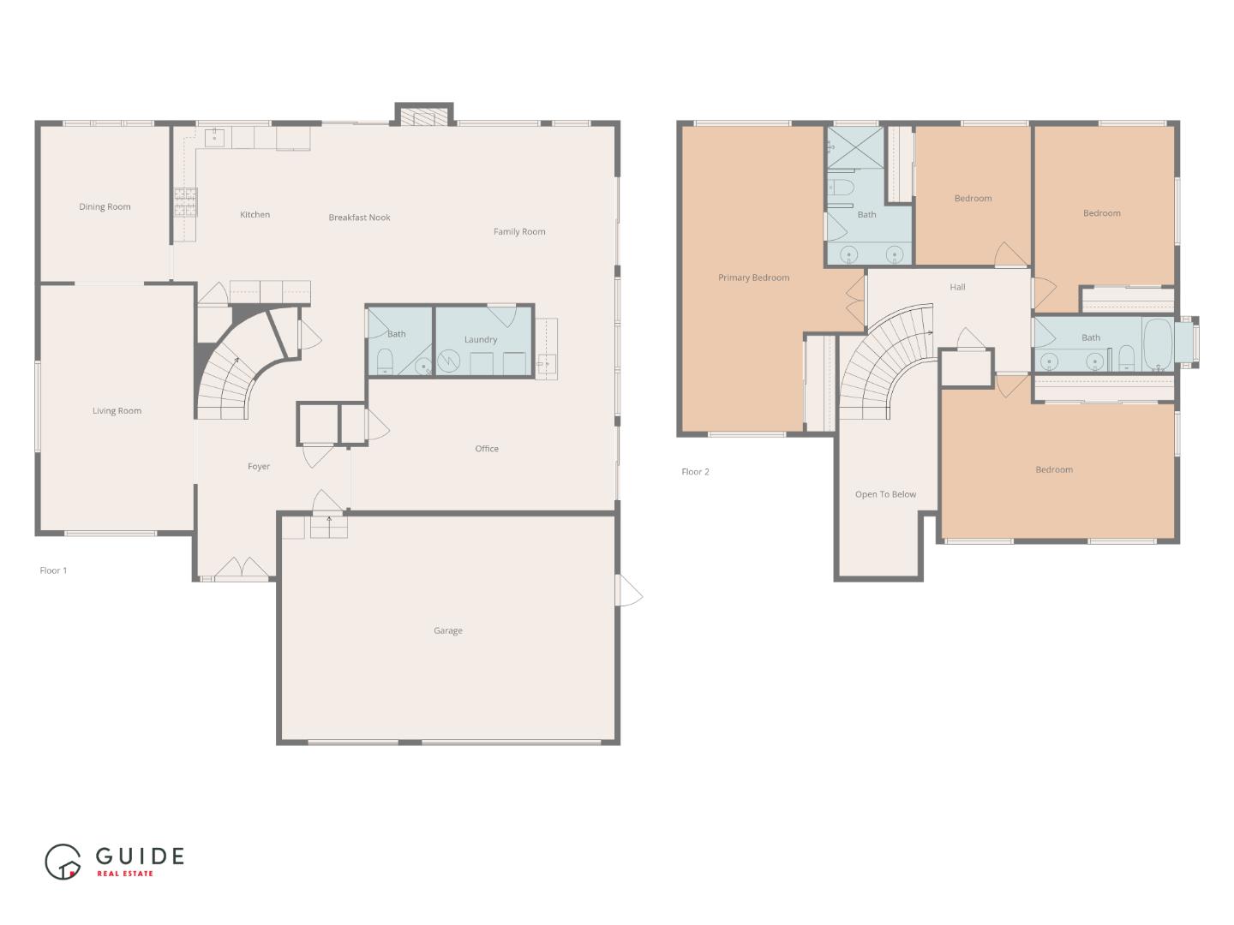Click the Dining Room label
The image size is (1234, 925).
click(x=105, y=206)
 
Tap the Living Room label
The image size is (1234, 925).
click(x=117, y=411)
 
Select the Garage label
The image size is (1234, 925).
click(x=447, y=631)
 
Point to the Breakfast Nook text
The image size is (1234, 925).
click(x=359, y=218)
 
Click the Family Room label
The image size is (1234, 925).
click(x=519, y=232)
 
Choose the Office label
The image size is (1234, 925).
click(x=487, y=449)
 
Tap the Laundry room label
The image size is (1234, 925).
click(x=481, y=340)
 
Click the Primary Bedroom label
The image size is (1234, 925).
click(x=753, y=277)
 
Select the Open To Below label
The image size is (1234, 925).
click(x=885, y=495)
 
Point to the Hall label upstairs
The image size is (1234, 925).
click(x=957, y=288)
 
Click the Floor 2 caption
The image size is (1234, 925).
click(x=695, y=472)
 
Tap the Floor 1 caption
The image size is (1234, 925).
click(x=53, y=570)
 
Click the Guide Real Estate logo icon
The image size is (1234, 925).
click(x=63, y=861)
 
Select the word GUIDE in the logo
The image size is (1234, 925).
click(x=140, y=856)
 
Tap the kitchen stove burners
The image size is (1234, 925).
click(x=185, y=202)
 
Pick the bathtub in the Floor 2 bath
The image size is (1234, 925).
click(x=1158, y=344)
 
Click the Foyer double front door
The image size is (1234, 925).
click(x=241, y=569)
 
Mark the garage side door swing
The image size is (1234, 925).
click(x=629, y=591)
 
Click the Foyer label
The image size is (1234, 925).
click(x=259, y=467)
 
